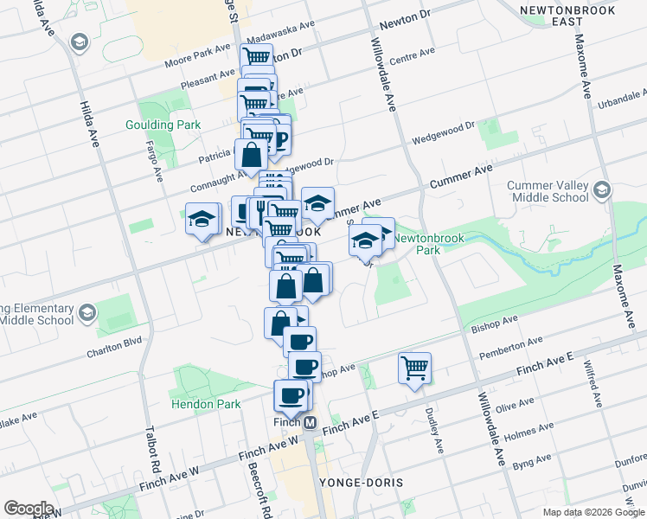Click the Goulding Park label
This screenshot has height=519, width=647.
pos(163,125)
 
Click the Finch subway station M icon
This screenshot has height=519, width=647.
pos(309,422)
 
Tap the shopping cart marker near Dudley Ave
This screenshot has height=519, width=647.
pos(415,368)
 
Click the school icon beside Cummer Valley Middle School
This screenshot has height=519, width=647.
pos(602,189)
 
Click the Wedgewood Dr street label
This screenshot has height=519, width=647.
pos(444,132)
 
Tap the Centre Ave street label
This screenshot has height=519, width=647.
pos(412,56)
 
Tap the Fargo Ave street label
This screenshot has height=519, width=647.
pos(154,160)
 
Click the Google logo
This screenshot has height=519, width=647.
pos(29,509)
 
